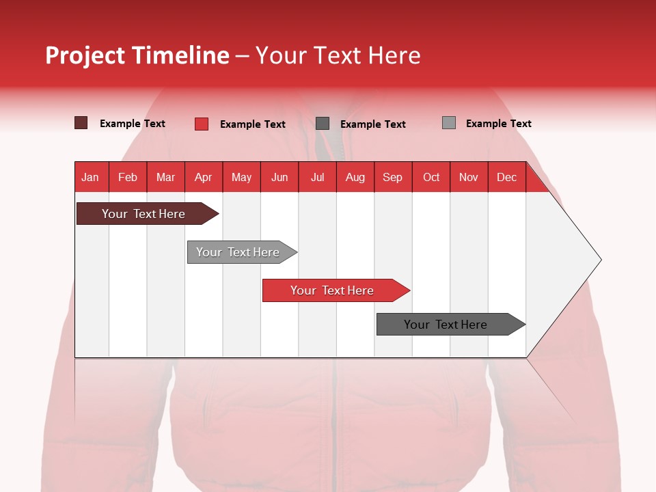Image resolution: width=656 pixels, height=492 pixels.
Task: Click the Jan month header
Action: pos(90,177)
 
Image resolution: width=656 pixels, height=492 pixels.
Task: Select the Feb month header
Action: pos(128,177)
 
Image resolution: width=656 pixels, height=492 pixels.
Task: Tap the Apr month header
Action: pos(203,177)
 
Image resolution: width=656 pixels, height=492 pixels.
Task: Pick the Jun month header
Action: pos(279,177)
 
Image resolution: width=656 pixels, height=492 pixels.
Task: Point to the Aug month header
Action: pos(355,177)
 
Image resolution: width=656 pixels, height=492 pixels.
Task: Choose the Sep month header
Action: pos(392,177)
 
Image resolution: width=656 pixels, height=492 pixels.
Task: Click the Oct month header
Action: pos(431,177)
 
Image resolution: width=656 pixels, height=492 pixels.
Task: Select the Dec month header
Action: pos(506,177)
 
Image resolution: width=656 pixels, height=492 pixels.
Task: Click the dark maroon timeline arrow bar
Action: pos(143,214)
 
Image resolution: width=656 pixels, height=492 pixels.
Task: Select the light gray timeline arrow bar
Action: pos(238,252)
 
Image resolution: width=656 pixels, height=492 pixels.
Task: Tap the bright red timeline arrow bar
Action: pos(332,290)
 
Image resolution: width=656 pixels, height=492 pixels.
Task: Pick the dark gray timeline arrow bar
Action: pos(446,325)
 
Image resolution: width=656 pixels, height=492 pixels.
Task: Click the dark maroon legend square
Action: pos(81,123)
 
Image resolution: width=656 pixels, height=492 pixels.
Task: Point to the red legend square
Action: pos(202,124)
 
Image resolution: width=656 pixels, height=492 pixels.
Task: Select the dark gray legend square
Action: pos(323,123)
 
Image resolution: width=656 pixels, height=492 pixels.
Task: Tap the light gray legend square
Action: pos(449,123)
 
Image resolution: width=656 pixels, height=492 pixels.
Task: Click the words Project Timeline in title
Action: pos(137,55)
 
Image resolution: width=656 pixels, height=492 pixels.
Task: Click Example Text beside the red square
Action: pos(253,124)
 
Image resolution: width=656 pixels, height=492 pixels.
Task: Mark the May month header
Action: pos(241,177)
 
